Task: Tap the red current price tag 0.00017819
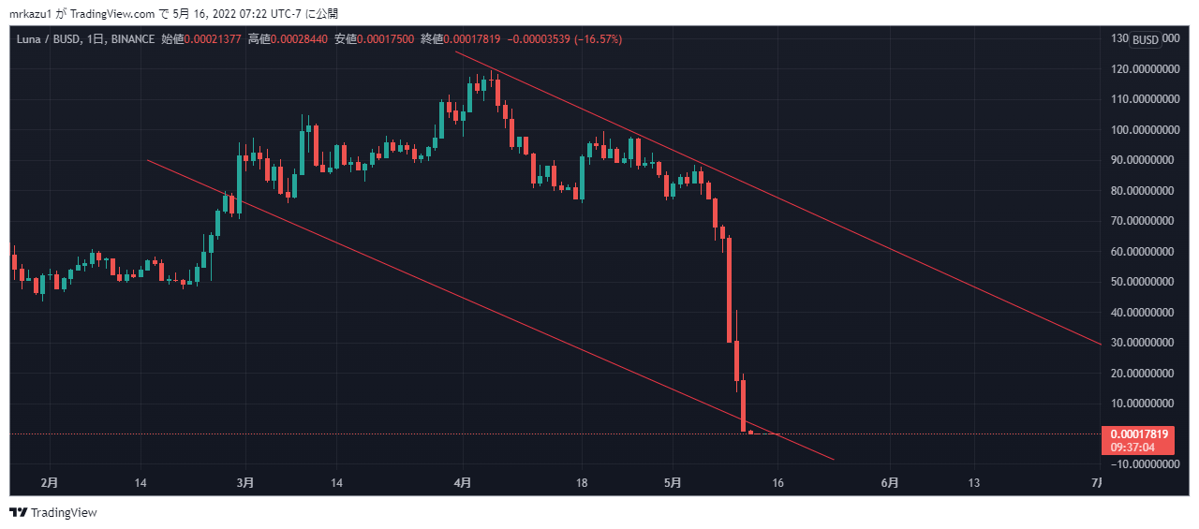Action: tap(1138, 434)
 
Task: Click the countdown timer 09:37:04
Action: tap(1138, 448)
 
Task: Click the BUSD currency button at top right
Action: tap(1145, 39)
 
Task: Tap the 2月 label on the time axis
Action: tap(50, 483)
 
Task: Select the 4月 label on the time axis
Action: tap(463, 483)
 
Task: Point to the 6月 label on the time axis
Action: tap(891, 483)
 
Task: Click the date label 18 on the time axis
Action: tap(582, 483)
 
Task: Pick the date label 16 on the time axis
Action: tap(777, 483)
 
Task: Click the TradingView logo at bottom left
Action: tap(53, 512)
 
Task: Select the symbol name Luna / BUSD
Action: tap(48, 39)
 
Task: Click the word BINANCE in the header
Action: tap(133, 39)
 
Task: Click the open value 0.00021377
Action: tap(212, 39)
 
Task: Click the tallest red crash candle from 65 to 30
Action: tap(729, 290)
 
